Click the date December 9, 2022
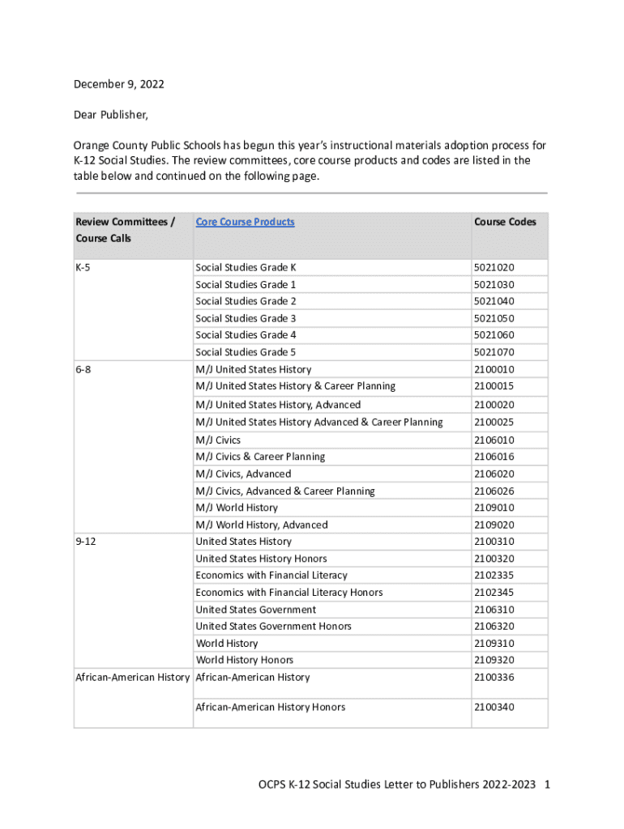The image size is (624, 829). [113, 84]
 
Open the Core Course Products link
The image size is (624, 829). [245, 222]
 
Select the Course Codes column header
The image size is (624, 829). [505, 222]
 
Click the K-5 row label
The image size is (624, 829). [83, 267]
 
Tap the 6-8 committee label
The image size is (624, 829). [83, 369]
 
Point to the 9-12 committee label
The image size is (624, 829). [86, 542]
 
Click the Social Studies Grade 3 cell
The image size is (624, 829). [246, 318]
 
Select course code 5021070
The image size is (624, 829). [494, 352]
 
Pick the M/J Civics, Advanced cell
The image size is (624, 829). [243, 474]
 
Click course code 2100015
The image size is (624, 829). [494, 386]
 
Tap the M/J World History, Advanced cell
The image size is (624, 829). [262, 525]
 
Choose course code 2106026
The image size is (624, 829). [494, 491]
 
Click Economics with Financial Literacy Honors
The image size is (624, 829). [289, 593]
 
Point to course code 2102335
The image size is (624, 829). [494, 576]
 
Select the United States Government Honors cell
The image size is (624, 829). [273, 627]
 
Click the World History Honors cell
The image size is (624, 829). [245, 661]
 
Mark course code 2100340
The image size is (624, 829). [494, 708]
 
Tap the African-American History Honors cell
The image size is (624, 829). [270, 708]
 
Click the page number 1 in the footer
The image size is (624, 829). [549, 784]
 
